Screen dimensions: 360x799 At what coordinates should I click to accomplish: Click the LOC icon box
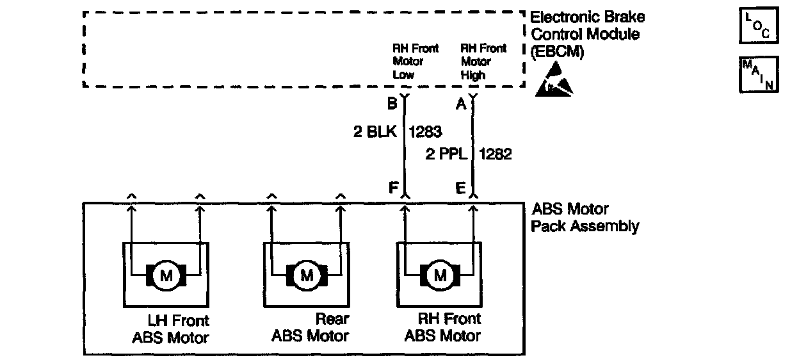pyautogui.click(x=759, y=26)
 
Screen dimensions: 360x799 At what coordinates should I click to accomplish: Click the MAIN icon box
pyautogui.click(x=759, y=74)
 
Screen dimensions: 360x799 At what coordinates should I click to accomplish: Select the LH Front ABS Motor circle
pyautogui.click(x=166, y=276)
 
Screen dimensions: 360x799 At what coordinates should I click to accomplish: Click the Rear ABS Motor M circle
pyautogui.click(x=307, y=276)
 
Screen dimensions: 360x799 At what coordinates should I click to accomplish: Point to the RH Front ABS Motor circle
pyautogui.click(x=440, y=276)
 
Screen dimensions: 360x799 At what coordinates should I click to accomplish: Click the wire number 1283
pyautogui.click(x=425, y=133)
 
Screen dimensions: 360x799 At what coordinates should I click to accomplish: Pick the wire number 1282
pyautogui.click(x=495, y=154)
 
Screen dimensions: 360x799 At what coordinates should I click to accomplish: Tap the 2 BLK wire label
pyautogui.click(x=375, y=133)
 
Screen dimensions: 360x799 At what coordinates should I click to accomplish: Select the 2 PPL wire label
pyautogui.click(x=446, y=154)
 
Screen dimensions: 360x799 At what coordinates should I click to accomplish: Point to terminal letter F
pyautogui.click(x=393, y=188)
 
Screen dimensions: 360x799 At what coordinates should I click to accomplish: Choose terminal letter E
pyautogui.click(x=460, y=188)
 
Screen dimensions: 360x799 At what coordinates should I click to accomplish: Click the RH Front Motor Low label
pyautogui.click(x=415, y=61)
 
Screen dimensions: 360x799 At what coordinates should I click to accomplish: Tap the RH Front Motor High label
pyautogui.click(x=483, y=61)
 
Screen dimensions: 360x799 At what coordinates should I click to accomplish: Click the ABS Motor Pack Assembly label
pyautogui.click(x=585, y=217)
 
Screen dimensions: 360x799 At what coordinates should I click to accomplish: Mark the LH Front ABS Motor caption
pyautogui.click(x=171, y=328)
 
